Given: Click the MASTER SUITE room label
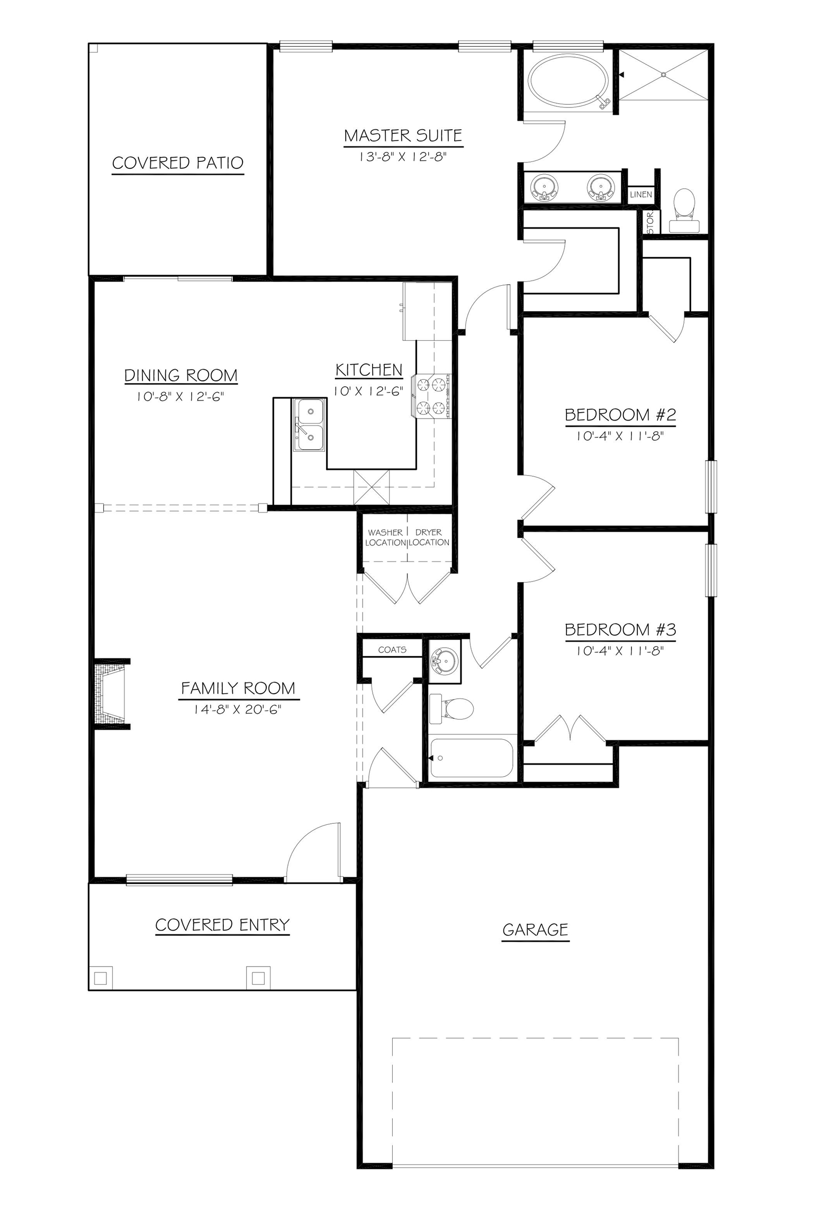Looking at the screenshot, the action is click(x=403, y=135).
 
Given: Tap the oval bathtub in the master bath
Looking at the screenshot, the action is click(x=569, y=82).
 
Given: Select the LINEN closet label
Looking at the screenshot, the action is click(x=641, y=194).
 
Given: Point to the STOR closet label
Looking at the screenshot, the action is click(x=651, y=222).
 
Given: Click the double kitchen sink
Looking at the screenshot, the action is click(x=309, y=424).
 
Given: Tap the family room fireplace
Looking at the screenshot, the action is click(x=110, y=694).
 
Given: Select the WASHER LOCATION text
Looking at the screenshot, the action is click(x=385, y=537).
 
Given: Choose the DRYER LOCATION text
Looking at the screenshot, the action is click(x=429, y=537).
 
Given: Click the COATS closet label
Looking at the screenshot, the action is click(x=392, y=650).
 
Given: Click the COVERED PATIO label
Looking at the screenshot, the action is click(x=178, y=162).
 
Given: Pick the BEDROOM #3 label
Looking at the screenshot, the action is click(x=620, y=630).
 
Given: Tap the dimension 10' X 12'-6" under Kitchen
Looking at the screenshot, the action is click(x=368, y=392).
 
